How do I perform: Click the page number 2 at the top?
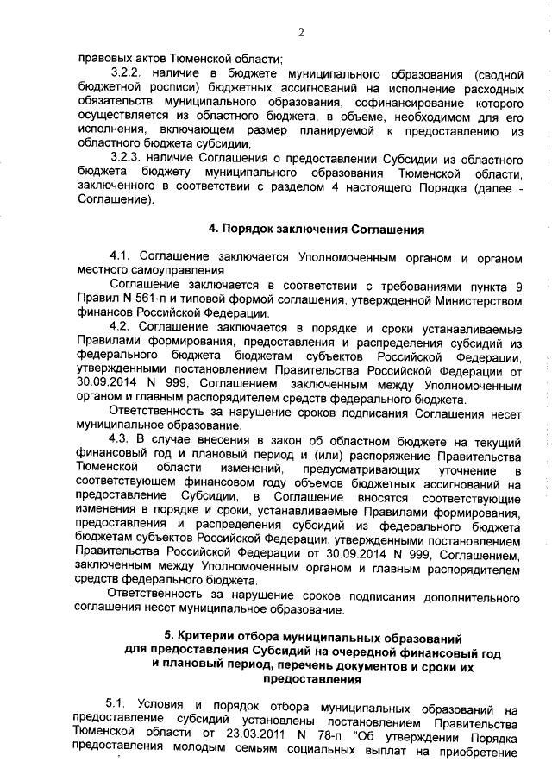pyautogui.click(x=301, y=33)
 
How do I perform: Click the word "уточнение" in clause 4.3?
pyautogui.click(x=450, y=469)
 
